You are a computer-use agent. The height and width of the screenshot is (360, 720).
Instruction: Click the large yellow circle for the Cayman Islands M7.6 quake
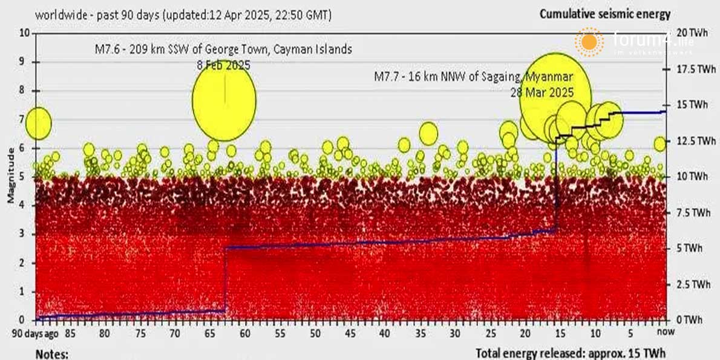pos(224,100)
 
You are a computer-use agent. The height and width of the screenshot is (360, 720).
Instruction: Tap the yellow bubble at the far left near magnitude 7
pos(39,123)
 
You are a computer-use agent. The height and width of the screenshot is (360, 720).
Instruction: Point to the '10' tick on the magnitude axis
pos(25,33)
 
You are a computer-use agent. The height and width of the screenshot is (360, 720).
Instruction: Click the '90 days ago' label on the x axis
pos(36,333)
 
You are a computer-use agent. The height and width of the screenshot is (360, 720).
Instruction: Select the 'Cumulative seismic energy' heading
pos(604,13)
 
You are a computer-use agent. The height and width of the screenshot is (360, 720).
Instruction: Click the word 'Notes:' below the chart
pos(52,353)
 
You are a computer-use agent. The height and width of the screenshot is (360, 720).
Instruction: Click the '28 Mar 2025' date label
pos(542,93)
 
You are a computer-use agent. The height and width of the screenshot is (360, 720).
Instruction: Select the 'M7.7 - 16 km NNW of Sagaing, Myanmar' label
pos(473,77)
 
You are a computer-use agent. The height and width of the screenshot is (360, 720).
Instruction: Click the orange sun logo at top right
pos(589,42)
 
